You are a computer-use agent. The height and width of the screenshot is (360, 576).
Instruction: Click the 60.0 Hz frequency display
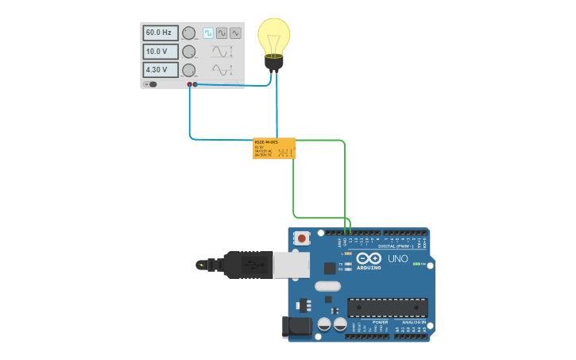160,33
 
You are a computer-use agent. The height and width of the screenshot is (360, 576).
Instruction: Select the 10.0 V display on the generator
160,52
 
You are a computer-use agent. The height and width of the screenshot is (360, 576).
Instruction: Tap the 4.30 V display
160,70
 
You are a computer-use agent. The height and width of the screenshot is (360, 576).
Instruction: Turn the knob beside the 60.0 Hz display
189,33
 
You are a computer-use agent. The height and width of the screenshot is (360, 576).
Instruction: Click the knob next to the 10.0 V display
189,52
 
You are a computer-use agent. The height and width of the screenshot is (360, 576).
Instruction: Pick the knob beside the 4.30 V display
189,70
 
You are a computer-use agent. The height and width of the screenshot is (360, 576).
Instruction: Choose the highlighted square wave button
208,33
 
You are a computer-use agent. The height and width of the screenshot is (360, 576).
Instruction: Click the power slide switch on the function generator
151,84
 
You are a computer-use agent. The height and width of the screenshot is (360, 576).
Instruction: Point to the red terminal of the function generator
189,84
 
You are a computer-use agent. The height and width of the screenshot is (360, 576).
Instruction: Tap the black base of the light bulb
274,64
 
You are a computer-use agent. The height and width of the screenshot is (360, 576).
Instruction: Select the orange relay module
274,149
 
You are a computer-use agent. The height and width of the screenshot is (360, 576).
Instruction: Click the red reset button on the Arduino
302,238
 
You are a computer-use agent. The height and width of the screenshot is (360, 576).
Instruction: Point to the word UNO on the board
397,259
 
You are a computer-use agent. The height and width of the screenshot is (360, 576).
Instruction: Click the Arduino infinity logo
369,258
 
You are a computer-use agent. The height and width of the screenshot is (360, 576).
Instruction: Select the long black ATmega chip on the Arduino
388,308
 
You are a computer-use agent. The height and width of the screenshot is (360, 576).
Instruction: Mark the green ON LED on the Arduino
416,263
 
